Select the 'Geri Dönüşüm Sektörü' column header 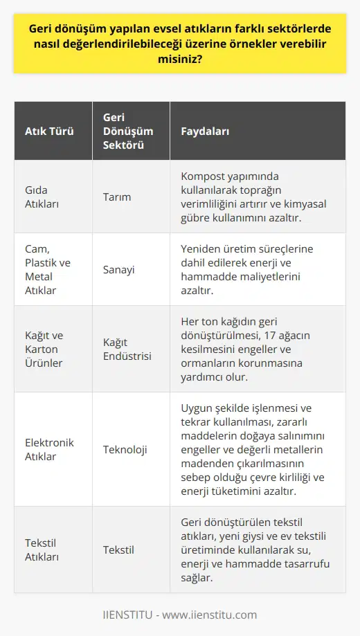127,131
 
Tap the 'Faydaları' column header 206,131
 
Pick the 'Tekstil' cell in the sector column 118,550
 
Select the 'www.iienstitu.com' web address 215,615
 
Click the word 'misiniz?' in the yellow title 179,60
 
